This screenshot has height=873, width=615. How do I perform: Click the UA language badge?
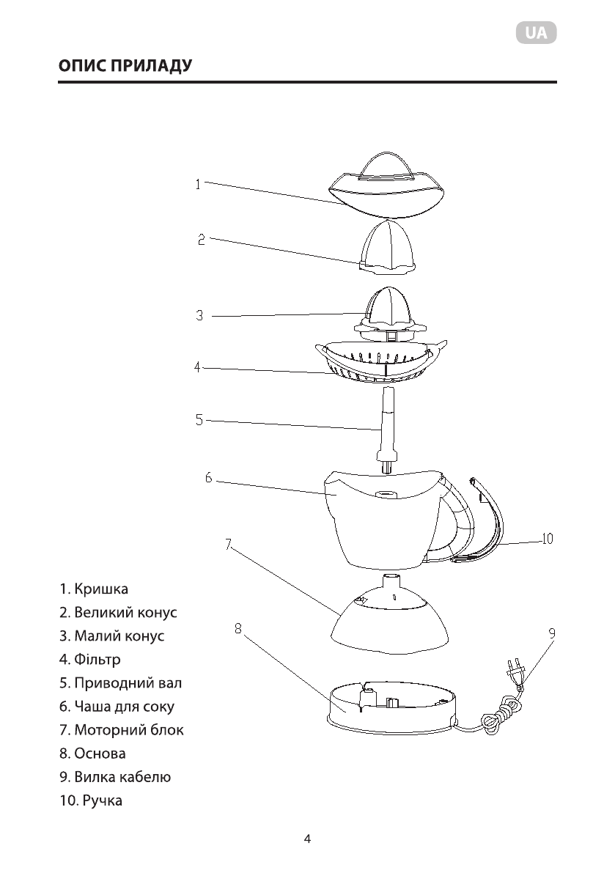536,33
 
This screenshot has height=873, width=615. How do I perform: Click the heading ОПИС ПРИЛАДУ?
125,66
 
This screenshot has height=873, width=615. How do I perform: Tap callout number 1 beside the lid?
197,185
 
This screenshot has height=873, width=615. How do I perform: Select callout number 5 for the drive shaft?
199,420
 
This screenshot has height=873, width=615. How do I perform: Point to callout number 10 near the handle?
546,539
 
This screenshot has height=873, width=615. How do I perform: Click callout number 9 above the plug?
551,632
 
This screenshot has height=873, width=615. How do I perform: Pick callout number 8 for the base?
238,627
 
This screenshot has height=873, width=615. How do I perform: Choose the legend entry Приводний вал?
120,683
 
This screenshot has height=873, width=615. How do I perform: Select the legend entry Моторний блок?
122,730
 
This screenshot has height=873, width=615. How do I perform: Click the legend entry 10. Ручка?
91,800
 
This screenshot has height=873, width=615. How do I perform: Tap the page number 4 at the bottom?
307,839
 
